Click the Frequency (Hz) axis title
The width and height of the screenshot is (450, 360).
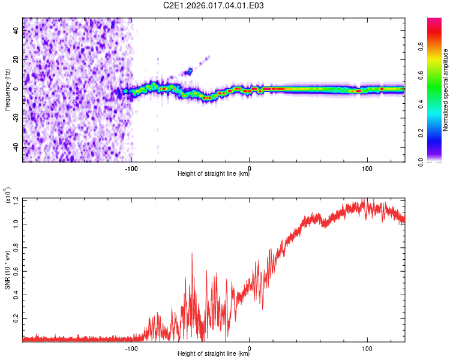(x=7, y=90)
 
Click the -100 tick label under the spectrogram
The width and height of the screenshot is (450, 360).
(x=132, y=169)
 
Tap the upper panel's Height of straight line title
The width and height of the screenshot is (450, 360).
(x=214, y=175)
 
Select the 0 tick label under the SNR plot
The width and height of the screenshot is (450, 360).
(x=250, y=349)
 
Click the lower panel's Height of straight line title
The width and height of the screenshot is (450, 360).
(x=214, y=354)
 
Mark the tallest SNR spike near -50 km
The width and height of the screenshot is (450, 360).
(x=192, y=254)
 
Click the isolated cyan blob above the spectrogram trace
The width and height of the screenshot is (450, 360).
(x=190, y=71)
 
